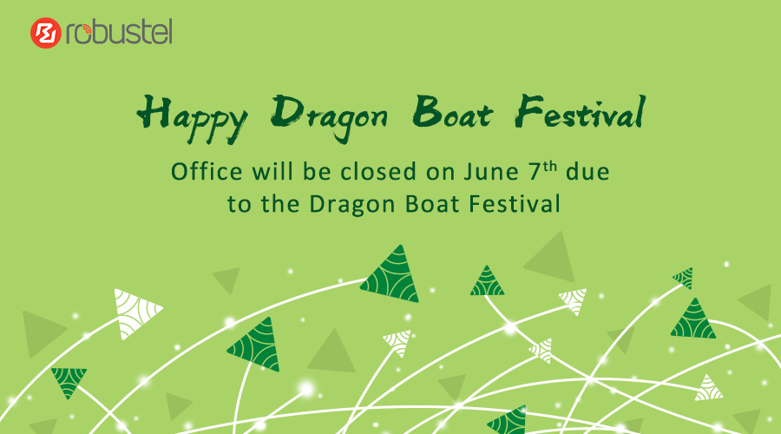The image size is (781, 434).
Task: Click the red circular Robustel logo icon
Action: pos(45,33)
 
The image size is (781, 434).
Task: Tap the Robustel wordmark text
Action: pos(119,32)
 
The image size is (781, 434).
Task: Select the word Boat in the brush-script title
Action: pos(452,113)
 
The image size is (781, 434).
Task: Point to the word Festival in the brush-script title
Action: pos(581,112)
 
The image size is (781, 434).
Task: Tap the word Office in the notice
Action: pos(207,171)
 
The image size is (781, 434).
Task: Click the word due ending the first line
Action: pos(587,171)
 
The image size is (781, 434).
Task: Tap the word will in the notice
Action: pos(272,171)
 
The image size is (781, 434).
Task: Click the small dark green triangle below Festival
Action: pos(487,281)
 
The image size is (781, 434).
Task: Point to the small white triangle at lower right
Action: pos(708,389)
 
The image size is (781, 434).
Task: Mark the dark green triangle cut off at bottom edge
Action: pos(508,420)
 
